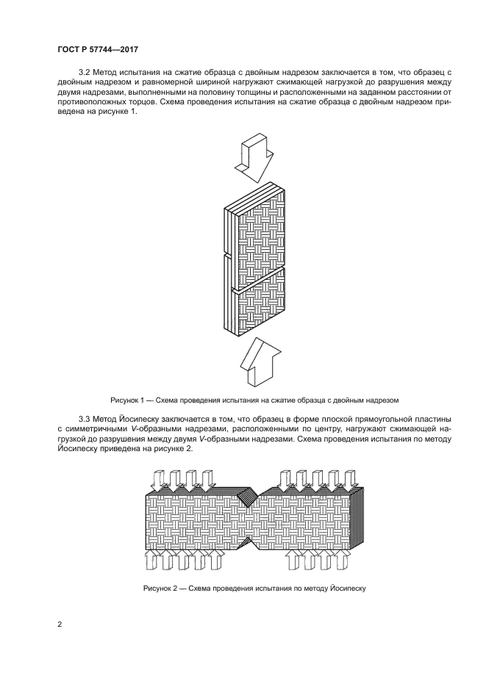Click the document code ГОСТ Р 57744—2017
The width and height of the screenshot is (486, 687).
(98, 49)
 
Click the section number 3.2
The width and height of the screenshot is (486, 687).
(83, 72)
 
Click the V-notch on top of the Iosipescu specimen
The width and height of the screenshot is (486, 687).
(249, 497)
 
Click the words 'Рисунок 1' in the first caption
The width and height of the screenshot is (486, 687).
(127, 400)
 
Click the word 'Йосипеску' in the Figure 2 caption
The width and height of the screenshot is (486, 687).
(346, 589)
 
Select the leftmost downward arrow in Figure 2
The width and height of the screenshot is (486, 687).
(158, 481)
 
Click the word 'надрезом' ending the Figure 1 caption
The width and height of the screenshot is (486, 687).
(383, 400)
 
